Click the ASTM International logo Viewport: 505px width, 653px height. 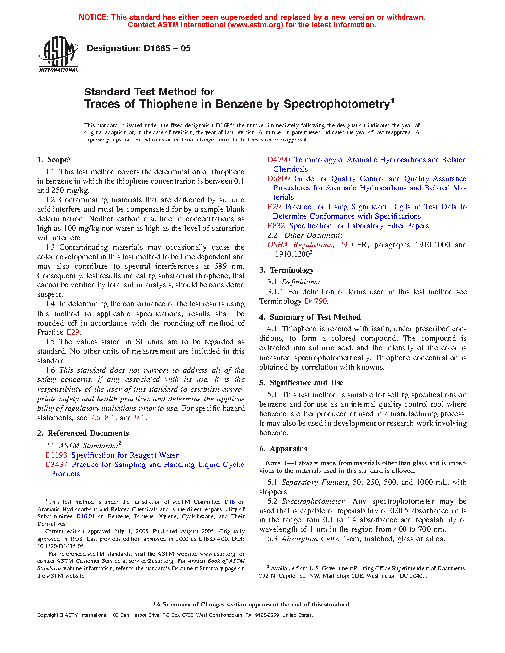pos(58,55)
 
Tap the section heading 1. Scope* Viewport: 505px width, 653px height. pos(54,160)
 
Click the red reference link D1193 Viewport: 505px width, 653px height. pos(56,455)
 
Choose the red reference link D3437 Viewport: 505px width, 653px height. pos(56,465)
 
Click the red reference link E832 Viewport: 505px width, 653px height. pos(276,226)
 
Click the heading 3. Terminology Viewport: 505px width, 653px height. pos(287,270)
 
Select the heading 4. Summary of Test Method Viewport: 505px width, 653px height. pos(310,317)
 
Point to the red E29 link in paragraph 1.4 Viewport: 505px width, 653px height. pos(73,332)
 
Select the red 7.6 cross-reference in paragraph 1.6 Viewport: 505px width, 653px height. pos(95,418)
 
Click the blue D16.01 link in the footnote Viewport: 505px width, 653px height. pos(85,516)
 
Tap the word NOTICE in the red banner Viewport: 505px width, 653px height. pos(94,17)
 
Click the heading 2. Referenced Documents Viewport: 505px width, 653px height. pos(83,433)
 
